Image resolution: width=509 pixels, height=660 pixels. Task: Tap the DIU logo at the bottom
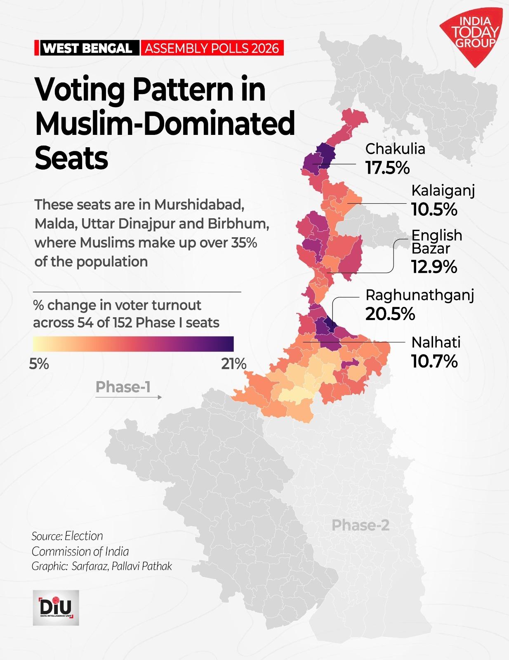pyautogui.click(x=56, y=607)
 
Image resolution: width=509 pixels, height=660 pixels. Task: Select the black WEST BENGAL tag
pyautogui.click(x=87, y=48)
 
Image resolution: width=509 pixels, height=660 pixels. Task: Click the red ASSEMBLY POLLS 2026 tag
pyautogui.click(x=212, y=48)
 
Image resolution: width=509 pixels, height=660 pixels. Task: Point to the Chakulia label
pyautogui.click(x=395, y=148)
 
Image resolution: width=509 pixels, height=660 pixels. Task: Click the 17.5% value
pyautogui.click(x=387, y=168)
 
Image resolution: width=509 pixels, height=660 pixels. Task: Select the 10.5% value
pyautogui.click(x=434, y=210)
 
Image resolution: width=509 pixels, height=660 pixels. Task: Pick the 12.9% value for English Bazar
pyautogui.click(x=434, y=267)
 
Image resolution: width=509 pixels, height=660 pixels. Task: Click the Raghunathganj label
pyautogui.click(x=419, y=295)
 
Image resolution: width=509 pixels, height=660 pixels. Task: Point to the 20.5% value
pyautogui.click(x=390, y=314)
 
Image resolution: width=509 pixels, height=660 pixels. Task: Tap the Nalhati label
pyautogui.click(x=436, y=342)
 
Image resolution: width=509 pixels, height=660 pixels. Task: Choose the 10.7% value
pyautogui.click(x=434, y=362)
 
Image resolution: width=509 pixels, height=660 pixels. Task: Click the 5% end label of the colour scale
pyautogui.click(x=39, y=364)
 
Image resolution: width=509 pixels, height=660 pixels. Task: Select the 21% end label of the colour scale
pyautogui.click(x=233, y=364)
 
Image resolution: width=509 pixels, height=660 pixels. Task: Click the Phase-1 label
pyautogui.click(x=123, y=387)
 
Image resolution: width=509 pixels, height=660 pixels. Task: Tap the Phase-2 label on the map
pyautogui.click(x=360, y=525)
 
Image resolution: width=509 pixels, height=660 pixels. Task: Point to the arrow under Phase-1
pyautogui.click(x=128, y=397)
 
